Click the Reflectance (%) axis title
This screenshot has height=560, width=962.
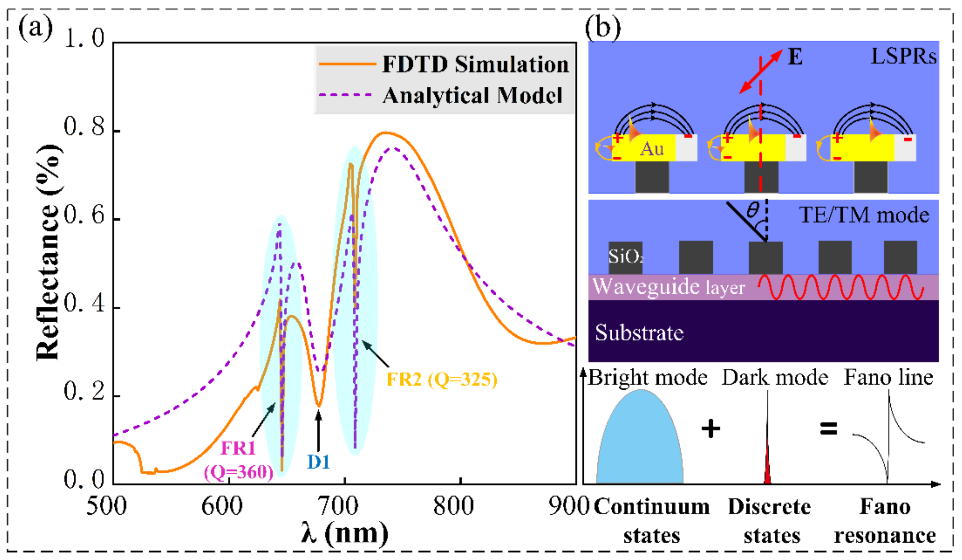[48, 252]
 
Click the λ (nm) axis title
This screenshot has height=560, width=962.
[345, 533]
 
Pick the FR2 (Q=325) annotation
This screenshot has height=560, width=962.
[442, 379]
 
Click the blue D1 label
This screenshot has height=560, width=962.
[318, 462]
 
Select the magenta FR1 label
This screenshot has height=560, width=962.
[238, 448]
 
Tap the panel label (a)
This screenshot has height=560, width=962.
[35, 28]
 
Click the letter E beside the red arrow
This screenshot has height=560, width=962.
[795, 57]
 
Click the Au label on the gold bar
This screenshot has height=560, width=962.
[652, 149]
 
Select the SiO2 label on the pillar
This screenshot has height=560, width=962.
[625, 256]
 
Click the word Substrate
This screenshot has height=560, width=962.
[639, 332]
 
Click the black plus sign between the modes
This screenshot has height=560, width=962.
[711, 429]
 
